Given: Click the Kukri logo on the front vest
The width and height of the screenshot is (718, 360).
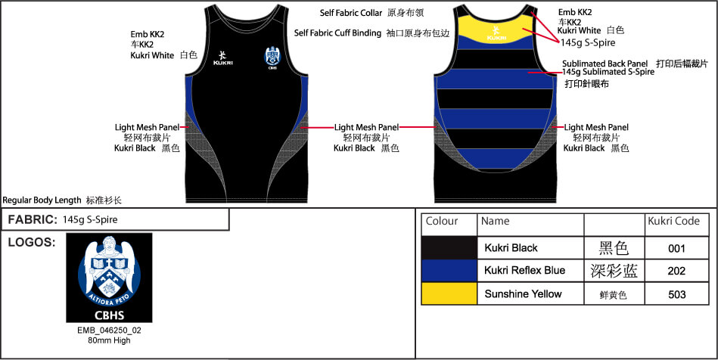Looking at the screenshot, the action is (222, 57).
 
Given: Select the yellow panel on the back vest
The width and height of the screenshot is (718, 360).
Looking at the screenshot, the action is (496, 26).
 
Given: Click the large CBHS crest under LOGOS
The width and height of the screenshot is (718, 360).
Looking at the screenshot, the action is (109, 278).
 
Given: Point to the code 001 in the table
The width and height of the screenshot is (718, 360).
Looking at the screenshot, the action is (676, 249).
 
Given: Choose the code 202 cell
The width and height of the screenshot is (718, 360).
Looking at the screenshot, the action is (676, 272).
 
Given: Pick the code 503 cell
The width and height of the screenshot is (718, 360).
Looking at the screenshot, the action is (677, 294).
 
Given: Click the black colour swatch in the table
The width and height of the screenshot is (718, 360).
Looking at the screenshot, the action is (449, 248).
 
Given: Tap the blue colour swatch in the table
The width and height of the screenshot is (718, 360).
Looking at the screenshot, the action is (449, 271).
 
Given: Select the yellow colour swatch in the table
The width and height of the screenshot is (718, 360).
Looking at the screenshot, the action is (449, 293).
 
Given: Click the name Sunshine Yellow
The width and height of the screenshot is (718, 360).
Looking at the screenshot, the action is (523, 293).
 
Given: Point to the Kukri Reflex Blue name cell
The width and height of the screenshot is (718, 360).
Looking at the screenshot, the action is (525, 271).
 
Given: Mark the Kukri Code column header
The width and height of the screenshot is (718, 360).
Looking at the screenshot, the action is (673, 222).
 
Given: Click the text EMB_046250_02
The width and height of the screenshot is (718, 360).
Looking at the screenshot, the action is (109, 331).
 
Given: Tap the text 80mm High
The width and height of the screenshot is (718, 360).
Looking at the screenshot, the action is (109, 340).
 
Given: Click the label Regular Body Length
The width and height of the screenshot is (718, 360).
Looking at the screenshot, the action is (42, 200).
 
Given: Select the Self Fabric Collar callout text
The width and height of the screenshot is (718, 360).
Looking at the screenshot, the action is (351, 13).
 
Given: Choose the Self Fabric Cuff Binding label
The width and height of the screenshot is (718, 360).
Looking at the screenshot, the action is (337, 33).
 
